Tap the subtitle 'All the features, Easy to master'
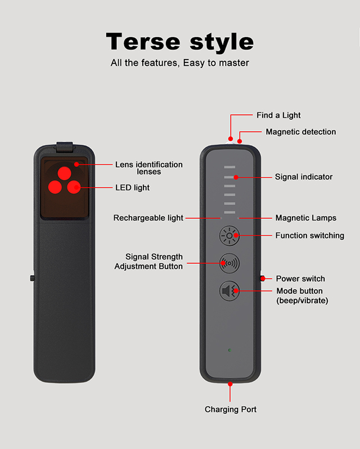click(x=180, y=63)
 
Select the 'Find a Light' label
click(x=278, y=115)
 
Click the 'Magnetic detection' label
click(x=300, y=132)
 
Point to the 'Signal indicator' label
click(x=304, y=177)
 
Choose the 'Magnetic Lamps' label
click(x=306, y=218)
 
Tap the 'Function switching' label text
click(x=309, y=235)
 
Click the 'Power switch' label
click(x=300, y=279)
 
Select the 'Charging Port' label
click(x=231, y=409)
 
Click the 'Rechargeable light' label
click(x=148, y=218)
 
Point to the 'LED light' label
click(x=132, y=187)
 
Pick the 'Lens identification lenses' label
click(x=149, y=168)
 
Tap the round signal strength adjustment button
click(x=229, y=263)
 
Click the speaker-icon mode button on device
click(x=229, y=291)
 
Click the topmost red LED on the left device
click(x=65, y=172)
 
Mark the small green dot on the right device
click(x=229, y=350)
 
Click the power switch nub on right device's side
click(x=262, y=279)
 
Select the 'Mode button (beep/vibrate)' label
click(x=302, y=295)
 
